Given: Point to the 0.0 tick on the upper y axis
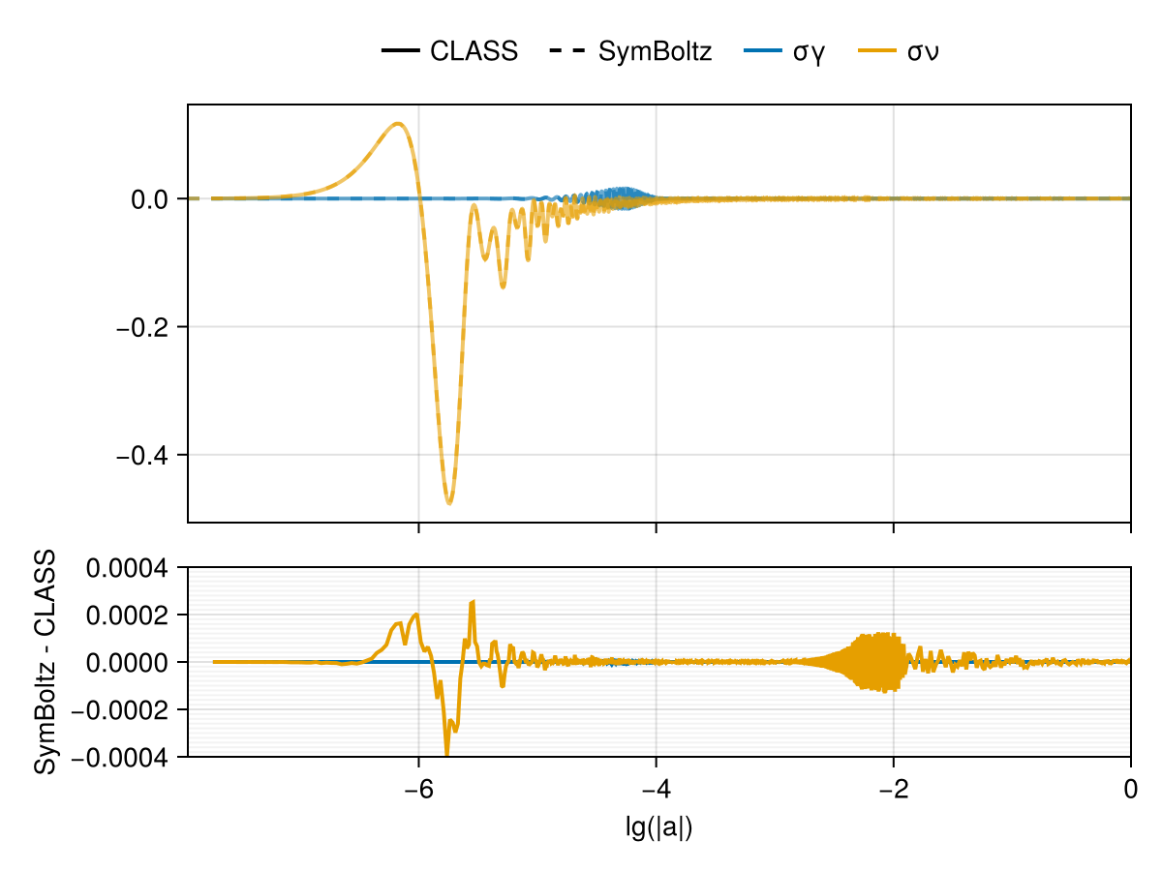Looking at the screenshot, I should click(x=152, y=199).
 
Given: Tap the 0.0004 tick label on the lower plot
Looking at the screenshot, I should click(x=128, y=568).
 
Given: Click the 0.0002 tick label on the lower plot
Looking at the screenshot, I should click(x=128, y=616).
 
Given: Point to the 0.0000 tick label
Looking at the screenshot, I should click(x=128, y=663).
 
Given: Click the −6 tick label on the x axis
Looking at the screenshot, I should click(x=418, y=789).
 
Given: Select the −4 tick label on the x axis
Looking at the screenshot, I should click(x=656, y=789).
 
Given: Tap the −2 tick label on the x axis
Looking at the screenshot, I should click(x=893, y=789).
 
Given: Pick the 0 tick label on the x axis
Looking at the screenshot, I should click(x=1130, y=789).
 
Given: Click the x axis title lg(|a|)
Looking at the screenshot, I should click(x=658, y=827).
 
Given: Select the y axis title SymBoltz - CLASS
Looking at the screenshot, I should click(x=45, y=663).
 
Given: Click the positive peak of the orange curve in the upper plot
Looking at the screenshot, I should click(x=397, y=124).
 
